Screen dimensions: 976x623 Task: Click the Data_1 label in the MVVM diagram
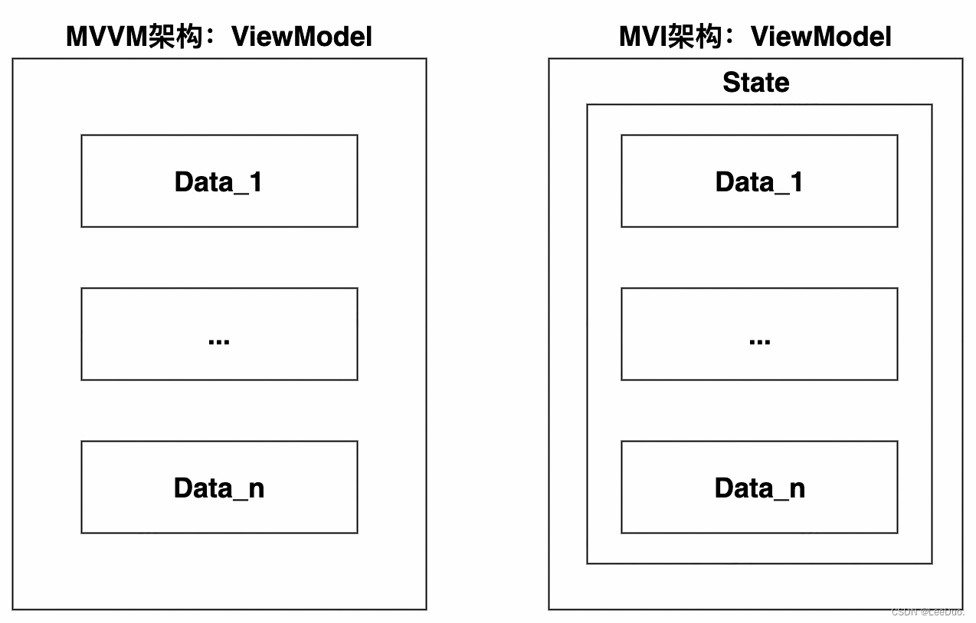(218, 182)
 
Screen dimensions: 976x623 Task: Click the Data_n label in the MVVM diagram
(219, 488)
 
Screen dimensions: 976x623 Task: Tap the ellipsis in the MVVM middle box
(219, 341)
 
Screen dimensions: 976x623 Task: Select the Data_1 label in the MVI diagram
(759, 182)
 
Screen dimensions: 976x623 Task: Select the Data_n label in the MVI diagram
(760, 488)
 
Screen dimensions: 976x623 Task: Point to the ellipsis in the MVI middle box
(759, 341)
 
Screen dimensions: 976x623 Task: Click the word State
(756, 82)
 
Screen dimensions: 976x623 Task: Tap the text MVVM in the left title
(106, 37)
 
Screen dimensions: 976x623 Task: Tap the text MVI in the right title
(643, 37)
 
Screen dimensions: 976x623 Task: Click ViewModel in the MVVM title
(302, 37)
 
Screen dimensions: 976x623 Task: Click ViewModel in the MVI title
(821, 37)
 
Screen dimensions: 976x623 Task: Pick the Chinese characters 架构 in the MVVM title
(175, 36)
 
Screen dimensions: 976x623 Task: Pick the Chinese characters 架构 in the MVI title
(694, 36)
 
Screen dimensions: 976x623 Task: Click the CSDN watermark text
(928, 612)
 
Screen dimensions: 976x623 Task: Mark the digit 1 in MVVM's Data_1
(256, 181)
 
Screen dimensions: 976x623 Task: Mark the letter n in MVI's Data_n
(798, 489)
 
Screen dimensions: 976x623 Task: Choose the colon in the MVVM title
(211, 37)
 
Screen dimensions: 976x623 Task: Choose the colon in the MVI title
(729, 37)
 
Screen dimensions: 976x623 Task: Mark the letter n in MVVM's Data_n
(257, 489)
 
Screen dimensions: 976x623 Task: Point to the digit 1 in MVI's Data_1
(797, 181)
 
